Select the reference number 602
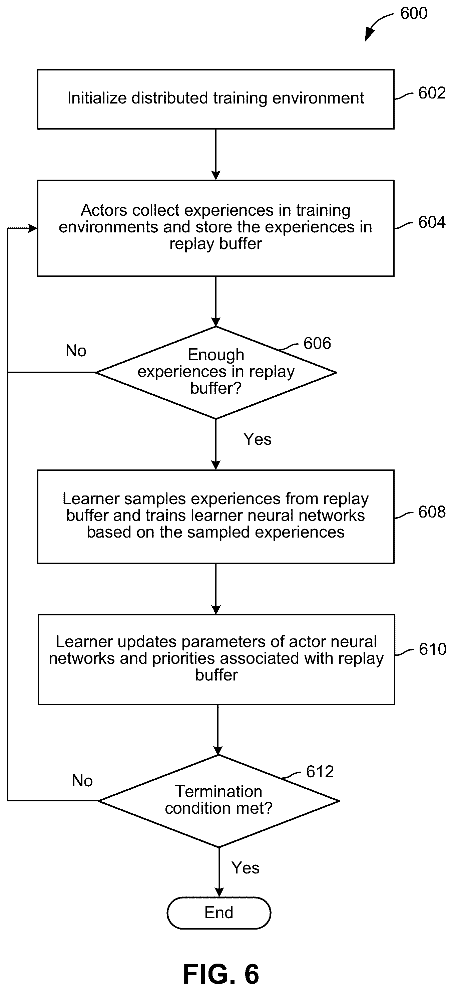click(x=432, y=93)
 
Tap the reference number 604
click(x=432, y=222)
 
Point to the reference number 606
click(x=317, y=343)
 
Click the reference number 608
click(x=432, y=512)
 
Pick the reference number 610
click(x=433, y=649)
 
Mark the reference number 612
click(x=320, y=772)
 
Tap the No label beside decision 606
click(x=76, y=351)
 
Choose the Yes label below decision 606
click(x=258, y=439)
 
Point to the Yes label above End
click(x=246, y=868)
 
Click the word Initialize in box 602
click(x=97, y=98)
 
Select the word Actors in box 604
click(x=103, y=210)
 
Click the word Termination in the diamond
click(x=218, y=792)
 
